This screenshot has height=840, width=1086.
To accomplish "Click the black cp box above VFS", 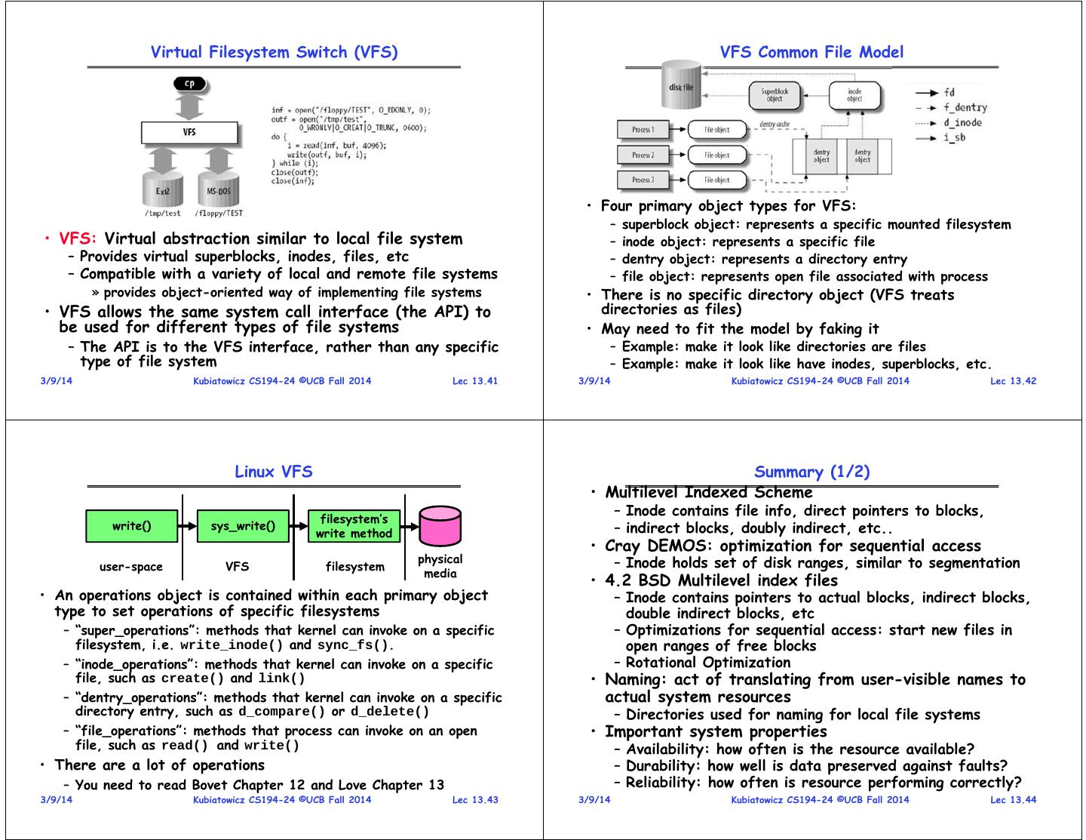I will click(189, 83).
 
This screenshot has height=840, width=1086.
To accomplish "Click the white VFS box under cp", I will click(189, 132).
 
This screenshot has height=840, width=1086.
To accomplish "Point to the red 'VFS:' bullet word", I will click(78, 239).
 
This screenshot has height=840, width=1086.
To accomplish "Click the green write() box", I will click(131, 526).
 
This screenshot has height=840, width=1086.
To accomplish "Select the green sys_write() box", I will click(242, 526).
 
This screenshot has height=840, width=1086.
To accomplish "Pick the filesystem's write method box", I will click(354, 526).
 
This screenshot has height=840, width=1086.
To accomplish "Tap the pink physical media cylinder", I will click(440, 526).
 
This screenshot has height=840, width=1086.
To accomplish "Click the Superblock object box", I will click(775, 94).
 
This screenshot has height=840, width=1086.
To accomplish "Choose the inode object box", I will click(854, 94).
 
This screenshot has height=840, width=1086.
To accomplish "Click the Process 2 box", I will click(643, 155).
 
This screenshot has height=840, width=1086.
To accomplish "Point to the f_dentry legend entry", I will click(965, 108).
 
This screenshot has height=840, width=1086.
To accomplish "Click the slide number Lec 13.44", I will click(1013, 800).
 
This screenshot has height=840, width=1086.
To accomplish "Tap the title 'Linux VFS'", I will click(273, 472).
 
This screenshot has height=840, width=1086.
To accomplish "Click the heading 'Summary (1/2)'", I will click(811, 472).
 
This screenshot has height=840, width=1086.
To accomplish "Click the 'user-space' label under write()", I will click(131, 567).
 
